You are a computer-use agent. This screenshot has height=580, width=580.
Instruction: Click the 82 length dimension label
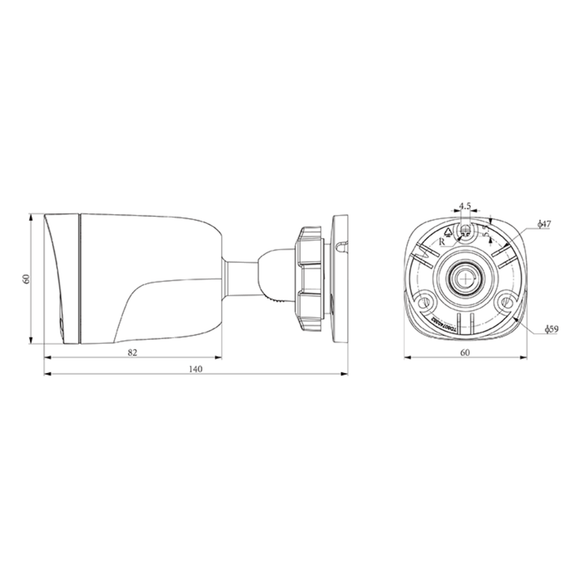(132, 354)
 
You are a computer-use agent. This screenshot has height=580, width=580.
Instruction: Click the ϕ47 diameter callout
(543, 225)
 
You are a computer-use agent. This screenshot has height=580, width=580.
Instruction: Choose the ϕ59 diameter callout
(551, 328)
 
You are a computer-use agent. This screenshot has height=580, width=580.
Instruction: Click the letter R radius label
(443, 240)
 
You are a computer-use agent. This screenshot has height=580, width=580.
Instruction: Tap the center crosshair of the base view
(464, 277)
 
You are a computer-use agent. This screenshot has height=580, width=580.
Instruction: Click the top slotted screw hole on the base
(464, 233)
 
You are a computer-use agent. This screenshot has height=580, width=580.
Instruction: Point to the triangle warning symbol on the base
(446, 229)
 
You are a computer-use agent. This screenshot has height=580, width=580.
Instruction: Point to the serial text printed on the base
(436, 318)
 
